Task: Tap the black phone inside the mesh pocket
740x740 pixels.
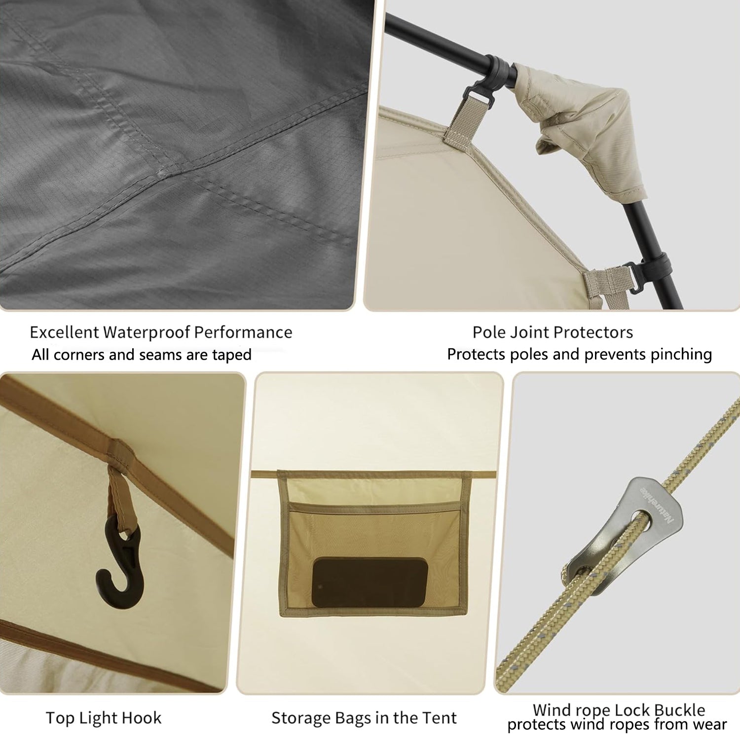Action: [x=369, y=583]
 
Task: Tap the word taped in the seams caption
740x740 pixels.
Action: [x=232, y=355]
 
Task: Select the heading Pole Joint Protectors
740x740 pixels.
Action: [x=553, y=332]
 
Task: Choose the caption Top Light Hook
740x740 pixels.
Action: [x=104, y=718]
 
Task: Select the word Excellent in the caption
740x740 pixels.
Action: [x=64, y=332]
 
